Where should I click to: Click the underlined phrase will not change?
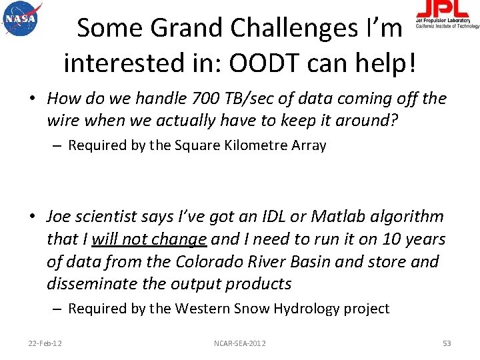(x=149, y=239)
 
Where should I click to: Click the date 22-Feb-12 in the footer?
(x=45, y=343)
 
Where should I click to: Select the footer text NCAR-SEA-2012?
(x=240, y=343)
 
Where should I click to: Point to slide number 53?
(x=447, y=343)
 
